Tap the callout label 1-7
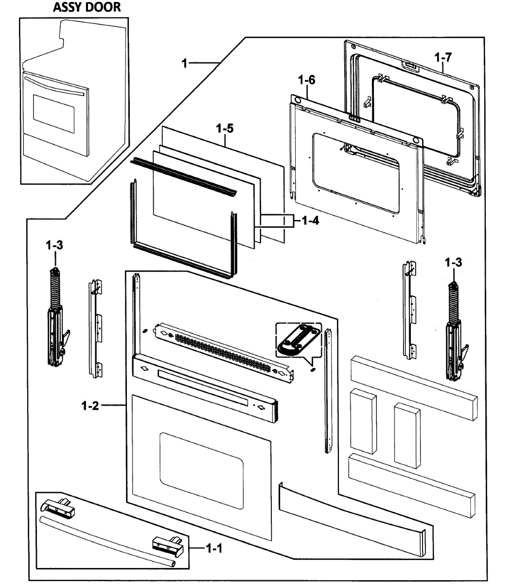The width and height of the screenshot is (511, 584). pyautogui.click(x=443, y=57)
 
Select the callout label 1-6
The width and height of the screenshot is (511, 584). pyautogui.click(x=306, y=80)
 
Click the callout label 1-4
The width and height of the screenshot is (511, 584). pyautogui.click(x=310, y=221)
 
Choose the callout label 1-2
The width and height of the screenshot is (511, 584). pyautogui.click(x=89, y=405)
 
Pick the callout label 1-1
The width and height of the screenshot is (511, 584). pyautogui.click(x=214, y=548)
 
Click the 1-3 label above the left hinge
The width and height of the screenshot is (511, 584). pyautogui.click(x=54, y=246)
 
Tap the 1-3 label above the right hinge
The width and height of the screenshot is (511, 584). pyautogui.click(x=453, y=262)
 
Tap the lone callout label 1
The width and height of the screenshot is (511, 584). pyautogui.click(x=184, y=63)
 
